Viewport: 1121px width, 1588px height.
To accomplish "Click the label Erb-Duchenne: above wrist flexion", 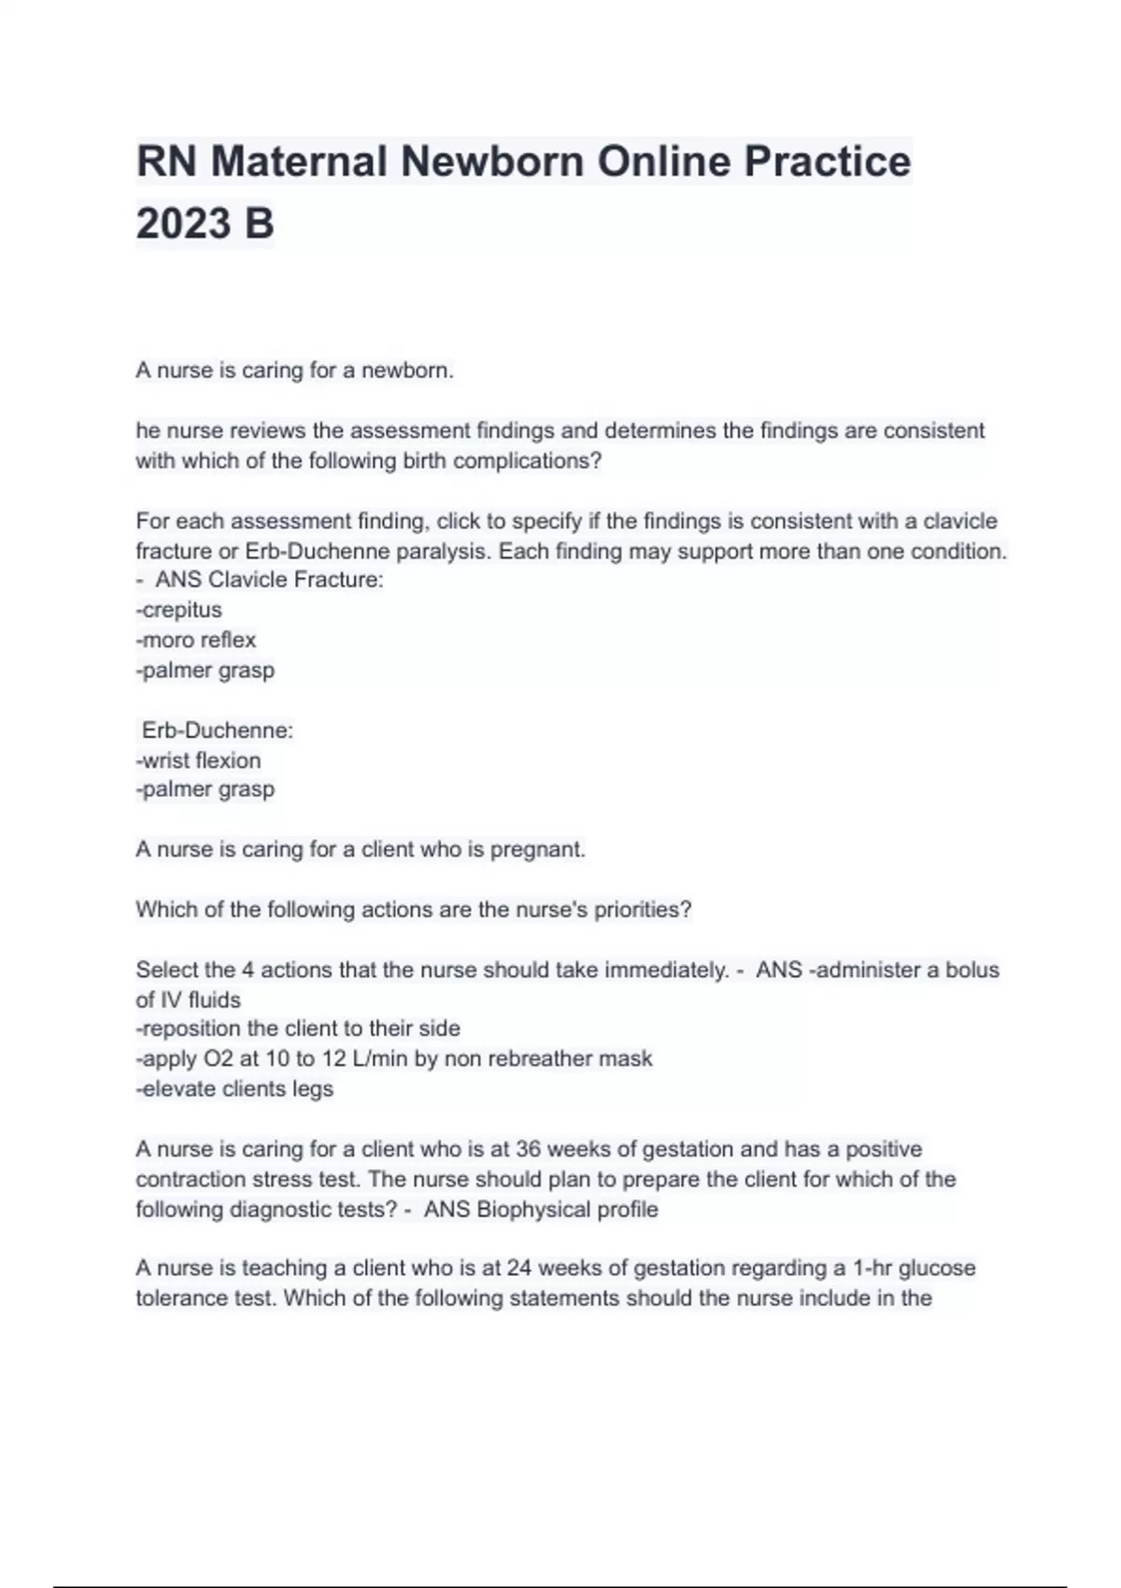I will click(x=217, y=730).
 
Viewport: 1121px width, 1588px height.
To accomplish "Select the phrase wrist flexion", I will click(x=200, y=760).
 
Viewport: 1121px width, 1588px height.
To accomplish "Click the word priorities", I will click(x=641, y=910).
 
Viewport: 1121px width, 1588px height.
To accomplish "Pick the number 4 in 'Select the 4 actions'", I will click(x=248, y=970).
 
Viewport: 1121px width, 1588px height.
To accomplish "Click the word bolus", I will click(x=972, y=970).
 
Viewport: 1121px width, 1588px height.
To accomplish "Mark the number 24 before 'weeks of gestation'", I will click(x=519, y=1268).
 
